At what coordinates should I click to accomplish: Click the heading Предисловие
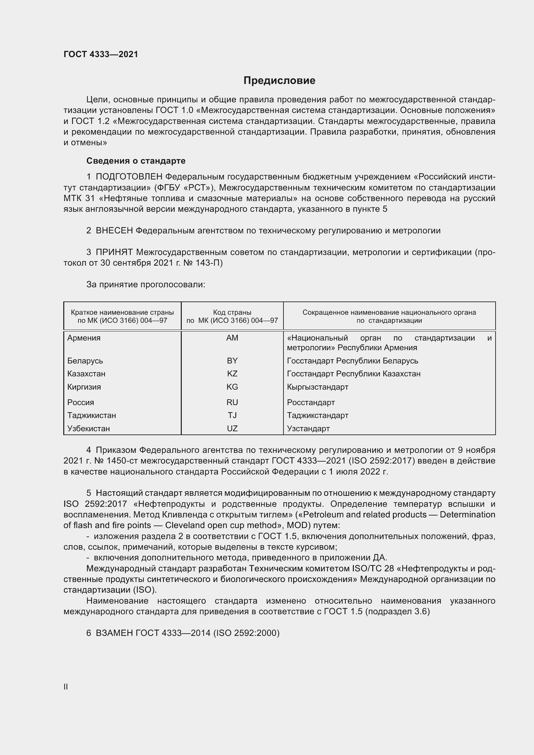pyautogui.click(x=279, y=81)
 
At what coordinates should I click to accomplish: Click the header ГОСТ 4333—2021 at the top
pyautogui.click(x=101, y=54)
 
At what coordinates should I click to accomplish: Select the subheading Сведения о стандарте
pyautogui.click(x=136, y=161)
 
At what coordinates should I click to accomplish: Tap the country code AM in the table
pyautogui.click(x=232, y=338)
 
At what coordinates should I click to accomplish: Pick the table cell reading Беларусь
pyautogui.click(x=85, y=361)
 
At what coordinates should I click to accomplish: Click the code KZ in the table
pyautogui.click(x=232, y=374)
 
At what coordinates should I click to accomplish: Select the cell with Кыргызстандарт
pyautogui.click(x=317, y=387)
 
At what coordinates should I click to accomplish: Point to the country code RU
pyautogui.click(x=232, y=403)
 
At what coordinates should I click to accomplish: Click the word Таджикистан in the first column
pyautogui.click(x=92, y=416)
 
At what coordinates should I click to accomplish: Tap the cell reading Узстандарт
pyautogui.click(x=308, y=429)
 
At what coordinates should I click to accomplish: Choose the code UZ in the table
pyautogui.click(x=232, y=429)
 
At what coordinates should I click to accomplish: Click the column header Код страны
pyautogui.click(x=232, y=312)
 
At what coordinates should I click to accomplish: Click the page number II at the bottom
pyautogui.click(x=66, y=687)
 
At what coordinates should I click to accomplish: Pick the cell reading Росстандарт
pyautogui.click(x=311, y=403)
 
